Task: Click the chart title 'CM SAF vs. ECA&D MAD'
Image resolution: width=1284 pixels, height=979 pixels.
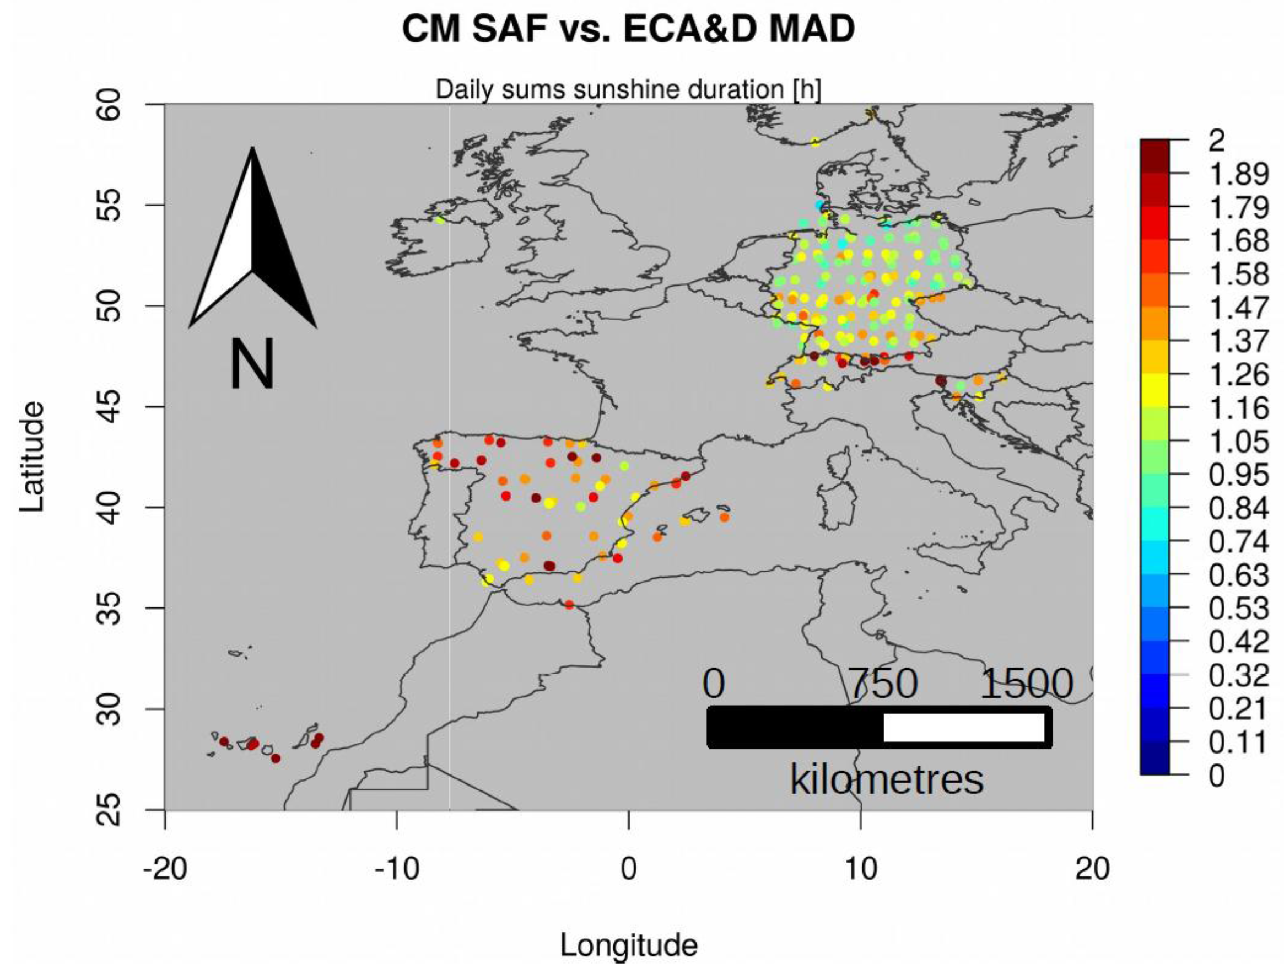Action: pos(628,29)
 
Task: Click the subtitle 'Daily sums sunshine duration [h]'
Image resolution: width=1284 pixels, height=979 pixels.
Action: pos(628,90)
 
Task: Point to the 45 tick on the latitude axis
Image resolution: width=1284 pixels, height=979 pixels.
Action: pos(111,406)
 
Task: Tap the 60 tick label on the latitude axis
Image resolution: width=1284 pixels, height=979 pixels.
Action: pos(111,105)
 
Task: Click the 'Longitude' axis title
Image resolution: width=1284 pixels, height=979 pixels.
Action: pos(628,945)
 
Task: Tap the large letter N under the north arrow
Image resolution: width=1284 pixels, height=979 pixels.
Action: pos(252,364)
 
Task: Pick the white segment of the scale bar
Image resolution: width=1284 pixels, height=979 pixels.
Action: pos(964,727)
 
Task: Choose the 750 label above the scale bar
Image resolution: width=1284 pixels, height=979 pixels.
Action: pos(884,684)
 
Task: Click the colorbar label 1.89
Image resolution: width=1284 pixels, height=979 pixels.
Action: pos(1239,174)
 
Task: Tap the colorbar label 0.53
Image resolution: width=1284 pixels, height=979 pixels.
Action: pos(1239,609)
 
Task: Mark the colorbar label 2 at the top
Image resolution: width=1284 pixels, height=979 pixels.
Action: pos(1216,141)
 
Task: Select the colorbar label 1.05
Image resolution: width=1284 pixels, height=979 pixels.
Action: pos(1239,441)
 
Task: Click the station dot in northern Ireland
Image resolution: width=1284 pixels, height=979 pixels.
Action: pos(440,220)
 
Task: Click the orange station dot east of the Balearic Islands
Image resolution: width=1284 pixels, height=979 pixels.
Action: pos(724,517)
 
